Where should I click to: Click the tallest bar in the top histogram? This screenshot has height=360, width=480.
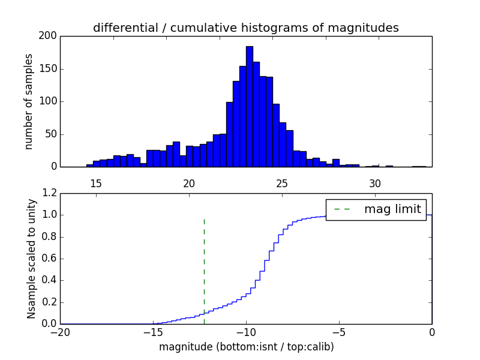pyautogui.click(x=249, y=108)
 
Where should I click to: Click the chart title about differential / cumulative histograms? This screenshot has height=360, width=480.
pyautogui.click(x=245, y=28)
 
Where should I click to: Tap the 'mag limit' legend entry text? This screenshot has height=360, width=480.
pyautogui.click(x=392, y=209)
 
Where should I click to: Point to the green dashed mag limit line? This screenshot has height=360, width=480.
pyautogui.click(x=204, y=270)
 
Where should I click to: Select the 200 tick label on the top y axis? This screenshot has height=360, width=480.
pyautogui.click(x=49, y=36)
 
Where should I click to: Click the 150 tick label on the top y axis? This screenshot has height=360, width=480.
pyautogui.click(x=49, y=68)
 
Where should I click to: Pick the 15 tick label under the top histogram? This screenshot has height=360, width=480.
pyautogui.click(x=95, y=183)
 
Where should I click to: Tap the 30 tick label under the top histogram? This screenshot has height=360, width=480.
pyautogui.click(x=375, y=183)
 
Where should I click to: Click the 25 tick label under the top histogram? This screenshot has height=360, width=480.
pyautogui.click(x=282, y=183)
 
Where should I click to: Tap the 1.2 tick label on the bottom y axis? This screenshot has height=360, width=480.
pyautogui.click(x=50, y=193)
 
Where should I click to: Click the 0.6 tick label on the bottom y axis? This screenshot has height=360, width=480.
pyautogui.click(x=50, y=259)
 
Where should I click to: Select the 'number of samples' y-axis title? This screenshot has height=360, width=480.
pyautogui.click(x=29, y=101)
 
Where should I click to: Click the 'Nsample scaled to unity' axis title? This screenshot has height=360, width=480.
pyautogui.click(x=31, y=258)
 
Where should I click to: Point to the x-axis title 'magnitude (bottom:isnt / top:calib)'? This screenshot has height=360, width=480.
pyautogui.click(x=246, y=347)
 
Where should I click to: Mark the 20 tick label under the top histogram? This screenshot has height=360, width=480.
pyautogui.click(x=189, y=183)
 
